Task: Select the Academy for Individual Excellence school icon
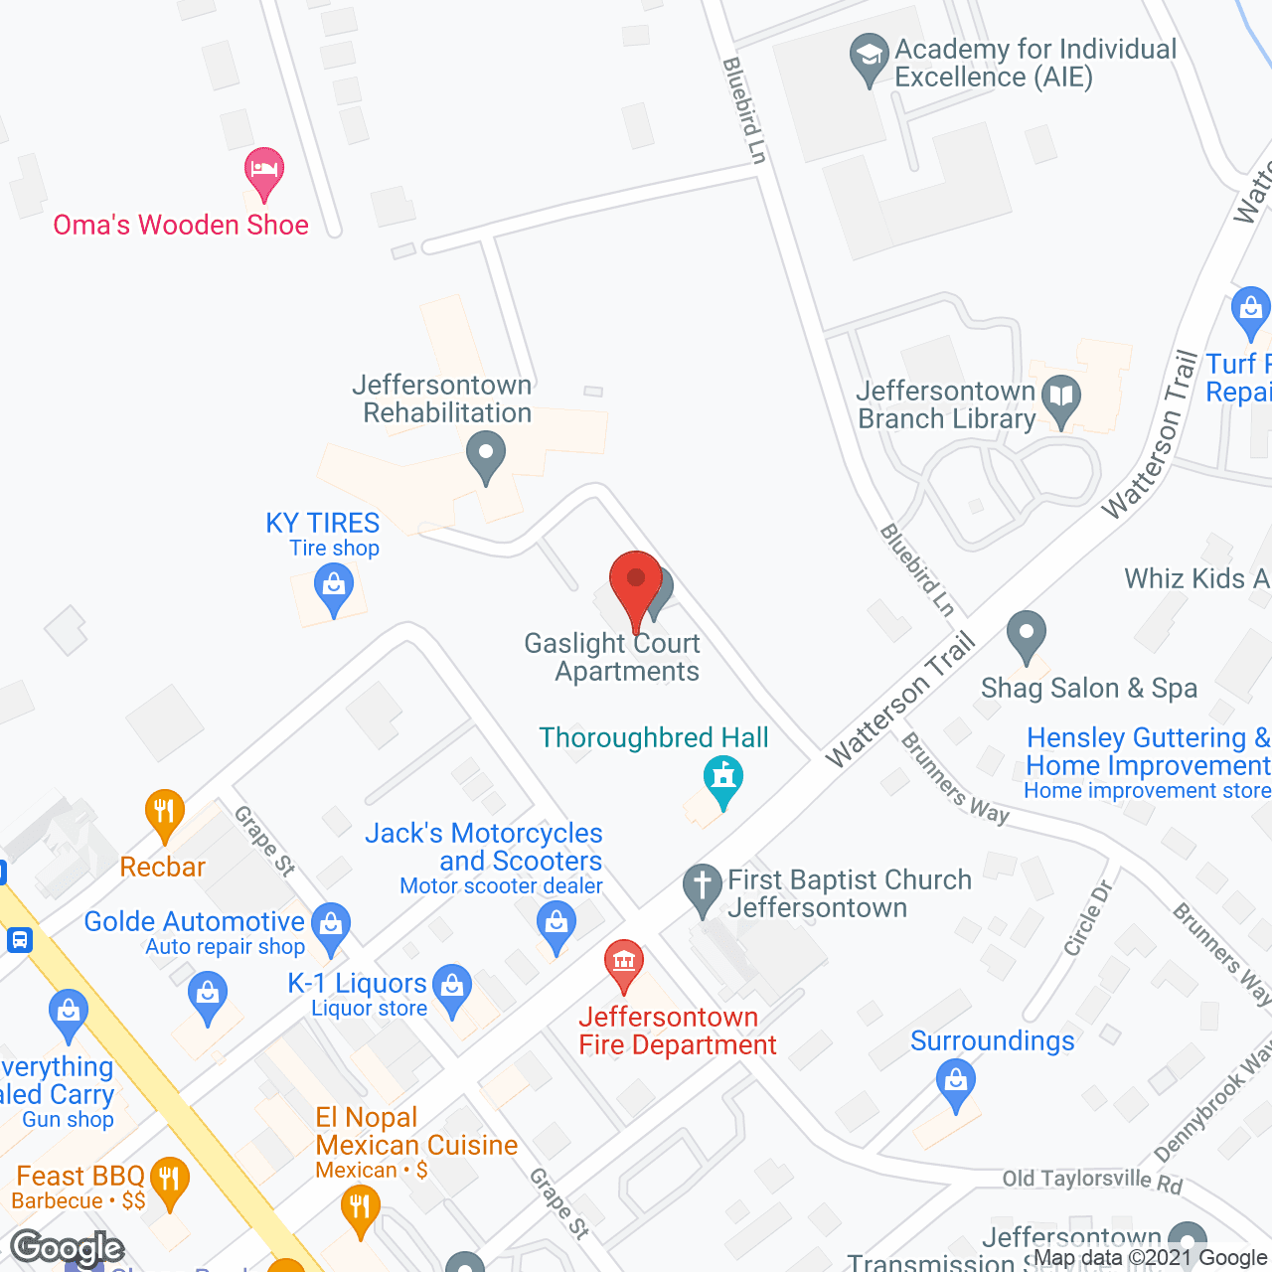click(870, 58)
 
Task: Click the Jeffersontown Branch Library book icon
click(1062, 398)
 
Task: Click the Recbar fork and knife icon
click(165, 812)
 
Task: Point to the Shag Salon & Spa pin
click(1027, 633)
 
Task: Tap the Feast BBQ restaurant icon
click(170, 1181)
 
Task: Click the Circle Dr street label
click(1087, 918)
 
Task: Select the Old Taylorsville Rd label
click(1092, 1180)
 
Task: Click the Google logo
click(68, 1247)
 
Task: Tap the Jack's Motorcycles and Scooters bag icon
click(556, 924)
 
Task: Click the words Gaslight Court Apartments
click(613, 657)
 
